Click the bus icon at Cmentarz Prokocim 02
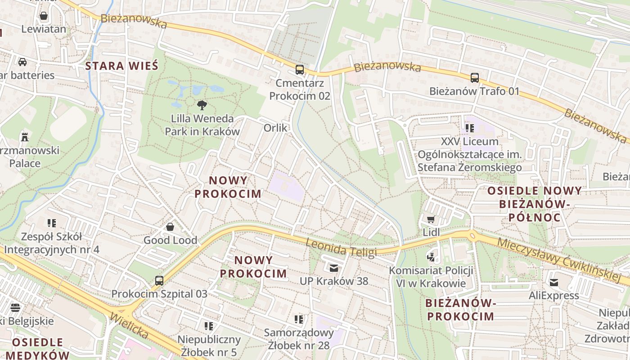pyautogui.click(x=299, y=70)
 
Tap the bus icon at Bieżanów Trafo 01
pyautogui.click(x=474, y=78)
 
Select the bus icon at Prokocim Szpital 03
pyautogui.click(x=159, y=281)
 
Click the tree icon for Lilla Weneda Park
pyautogui.click(x=202, y=105)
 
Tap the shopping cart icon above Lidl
pyautogui.click(x=431, y=219)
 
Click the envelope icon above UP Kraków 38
pyautogui.click(x=333, y=268)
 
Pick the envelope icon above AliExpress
pyautogui.click(x=553, y=283)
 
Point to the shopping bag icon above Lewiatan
pyautogui.click(x=44, y=16)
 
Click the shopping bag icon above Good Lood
pyautogui.click(x=170, y=227)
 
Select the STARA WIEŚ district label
pyautogui.click(x=121, y=66)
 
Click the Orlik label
pyautogui.click(x=275, y=128)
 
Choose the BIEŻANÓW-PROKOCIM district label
pyautogui.click(x=460, y=310)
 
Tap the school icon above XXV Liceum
pyautogui.click(x=470, y=128)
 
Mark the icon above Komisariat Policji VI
pyautogui.click(x=431, y=257)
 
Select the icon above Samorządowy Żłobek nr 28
pyautogui.click(x=299, y=319)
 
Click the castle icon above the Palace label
pyautogui.click(x=25, y=137)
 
